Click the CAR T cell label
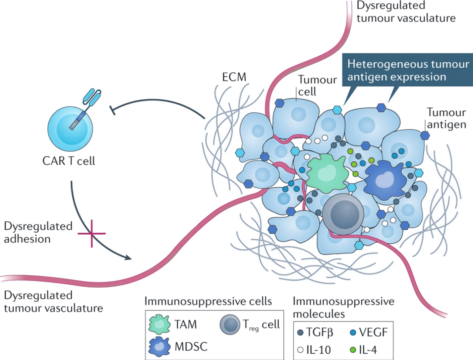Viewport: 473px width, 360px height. point(69,161)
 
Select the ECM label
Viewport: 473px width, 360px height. point(234,77)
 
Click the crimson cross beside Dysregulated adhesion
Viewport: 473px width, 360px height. point(92,233)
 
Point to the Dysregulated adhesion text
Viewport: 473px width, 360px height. point(38,232)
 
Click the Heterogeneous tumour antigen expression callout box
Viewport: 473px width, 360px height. point(408,71)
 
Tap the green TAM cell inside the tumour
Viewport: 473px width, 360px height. point(325,173)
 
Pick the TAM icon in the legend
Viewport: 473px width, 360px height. point(159,325)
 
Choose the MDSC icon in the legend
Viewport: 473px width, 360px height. point(159,346)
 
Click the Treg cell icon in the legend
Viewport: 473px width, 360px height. point(230,325)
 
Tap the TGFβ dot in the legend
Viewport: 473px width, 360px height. point(300,333)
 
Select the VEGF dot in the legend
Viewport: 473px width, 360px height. point(353,333)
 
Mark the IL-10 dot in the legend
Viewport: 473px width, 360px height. point(300,350)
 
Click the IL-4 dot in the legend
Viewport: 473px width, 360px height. point(353,350)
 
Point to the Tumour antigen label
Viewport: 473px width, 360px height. point(446,118)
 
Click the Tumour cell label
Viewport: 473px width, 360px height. point(317,85)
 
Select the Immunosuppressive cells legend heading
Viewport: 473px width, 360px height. point(208,301)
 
